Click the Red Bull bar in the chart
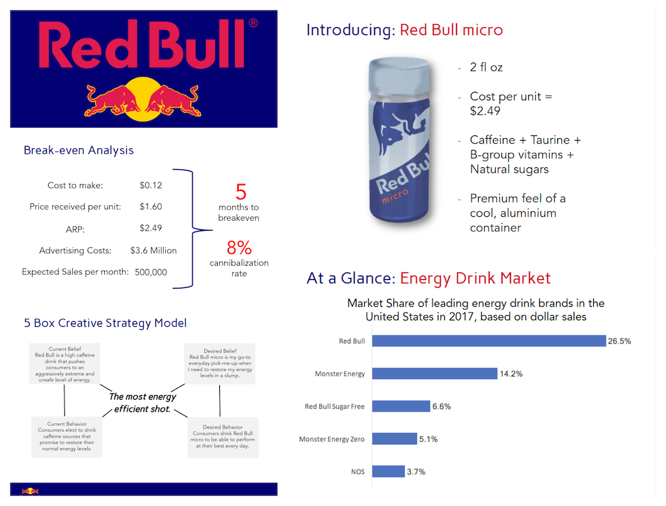click(x=490, y=341)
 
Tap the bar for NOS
click(x=389, y=471)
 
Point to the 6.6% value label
click(x=441, y=406)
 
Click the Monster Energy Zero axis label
click(x=332, y=439)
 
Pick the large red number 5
click(x=241, y=192)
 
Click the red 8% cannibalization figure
click(x=239, y=248)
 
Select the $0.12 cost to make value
click(x=151, y=185)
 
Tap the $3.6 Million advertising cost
click(x=153, y=250)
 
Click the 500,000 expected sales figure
click(x=151, y=272)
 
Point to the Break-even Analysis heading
click(x=79, y=150)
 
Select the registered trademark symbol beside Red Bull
click(x=253, y=23)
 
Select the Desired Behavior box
click(x=223, y=437)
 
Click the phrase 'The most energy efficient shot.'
click(x=142, y=403)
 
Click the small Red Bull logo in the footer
click(x=30, y=491)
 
